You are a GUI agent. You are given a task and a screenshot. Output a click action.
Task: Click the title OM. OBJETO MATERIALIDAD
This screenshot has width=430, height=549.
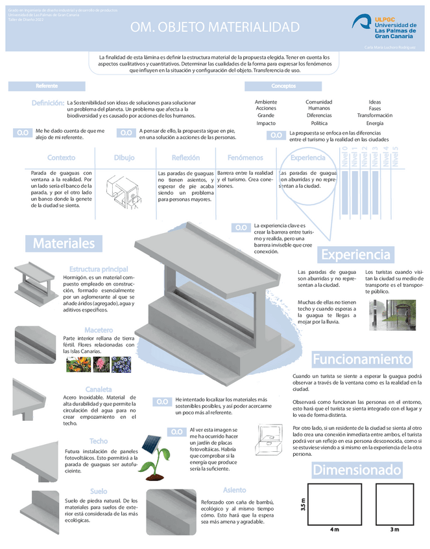(215, 27)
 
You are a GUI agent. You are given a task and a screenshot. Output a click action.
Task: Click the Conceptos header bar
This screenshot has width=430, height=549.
(283, 86)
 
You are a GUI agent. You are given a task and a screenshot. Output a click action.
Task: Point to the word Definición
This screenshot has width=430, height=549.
(47, 103)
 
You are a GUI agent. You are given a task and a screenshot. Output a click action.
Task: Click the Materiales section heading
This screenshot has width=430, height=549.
(64, 243)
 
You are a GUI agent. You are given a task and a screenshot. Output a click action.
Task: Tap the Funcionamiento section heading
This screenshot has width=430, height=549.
(362, 359)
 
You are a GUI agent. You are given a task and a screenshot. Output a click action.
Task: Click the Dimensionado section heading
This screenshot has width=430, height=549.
(357, 469)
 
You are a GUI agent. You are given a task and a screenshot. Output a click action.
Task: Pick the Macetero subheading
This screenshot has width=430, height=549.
(99, 330)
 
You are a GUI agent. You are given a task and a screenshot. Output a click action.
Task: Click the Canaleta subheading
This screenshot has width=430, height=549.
(99, 389)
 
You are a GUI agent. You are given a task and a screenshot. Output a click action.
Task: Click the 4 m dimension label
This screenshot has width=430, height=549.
(334, 530)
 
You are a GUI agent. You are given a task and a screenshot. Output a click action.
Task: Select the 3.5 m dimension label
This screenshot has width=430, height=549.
(303, 503)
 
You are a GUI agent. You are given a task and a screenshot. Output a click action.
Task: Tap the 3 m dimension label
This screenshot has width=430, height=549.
(394, 530)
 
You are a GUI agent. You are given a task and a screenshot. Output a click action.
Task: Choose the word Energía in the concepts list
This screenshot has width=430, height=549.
(374, 123)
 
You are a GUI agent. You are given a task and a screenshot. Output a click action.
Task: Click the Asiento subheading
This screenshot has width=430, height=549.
(234, 490)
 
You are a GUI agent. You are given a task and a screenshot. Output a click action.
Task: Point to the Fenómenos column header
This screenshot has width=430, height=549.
(245, 158)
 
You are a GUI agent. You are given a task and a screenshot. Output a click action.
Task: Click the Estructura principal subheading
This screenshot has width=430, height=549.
(99, 269)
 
